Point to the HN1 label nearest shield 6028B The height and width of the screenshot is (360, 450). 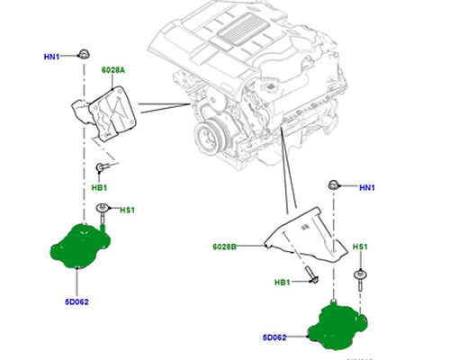(x=367, y=187)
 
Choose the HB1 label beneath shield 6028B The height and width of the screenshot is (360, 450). (x=283, y=283)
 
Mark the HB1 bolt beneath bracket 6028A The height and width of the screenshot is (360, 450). (x=102, y=166)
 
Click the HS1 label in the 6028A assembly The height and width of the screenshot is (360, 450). (x=127, y=211)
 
